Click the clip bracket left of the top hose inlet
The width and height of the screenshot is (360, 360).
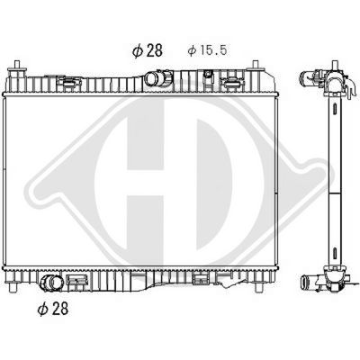68,82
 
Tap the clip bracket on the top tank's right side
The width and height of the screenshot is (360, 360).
236,82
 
